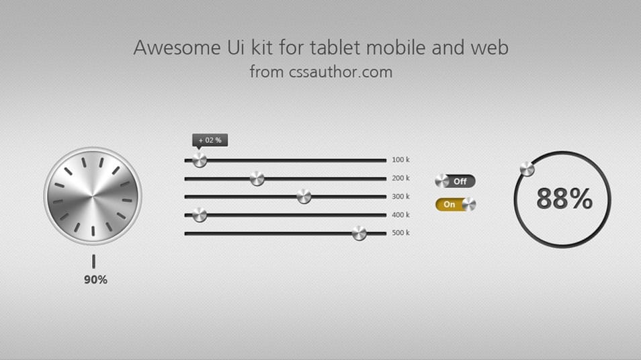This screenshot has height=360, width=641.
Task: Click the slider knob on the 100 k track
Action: (200, 161)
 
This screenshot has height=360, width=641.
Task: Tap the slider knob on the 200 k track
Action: (257, 179)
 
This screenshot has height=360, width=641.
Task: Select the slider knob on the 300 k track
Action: (304, 197)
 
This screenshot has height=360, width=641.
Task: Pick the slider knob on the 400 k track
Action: (200, 215)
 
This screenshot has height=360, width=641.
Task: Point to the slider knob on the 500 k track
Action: (359, 233)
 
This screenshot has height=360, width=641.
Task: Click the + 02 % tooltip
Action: (210, 140)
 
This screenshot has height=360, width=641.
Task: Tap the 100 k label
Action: (400, 160)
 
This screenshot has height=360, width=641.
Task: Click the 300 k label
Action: (400, 197)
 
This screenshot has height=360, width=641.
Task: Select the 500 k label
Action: (400, 233)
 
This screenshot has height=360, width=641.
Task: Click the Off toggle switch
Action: (455, 181)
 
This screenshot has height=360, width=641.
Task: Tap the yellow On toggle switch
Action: (455, 204)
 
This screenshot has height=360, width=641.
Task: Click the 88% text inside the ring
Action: (564, 199)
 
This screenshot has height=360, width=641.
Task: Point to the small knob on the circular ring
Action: (527, 169)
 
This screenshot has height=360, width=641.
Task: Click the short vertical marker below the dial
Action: (93, 261)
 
